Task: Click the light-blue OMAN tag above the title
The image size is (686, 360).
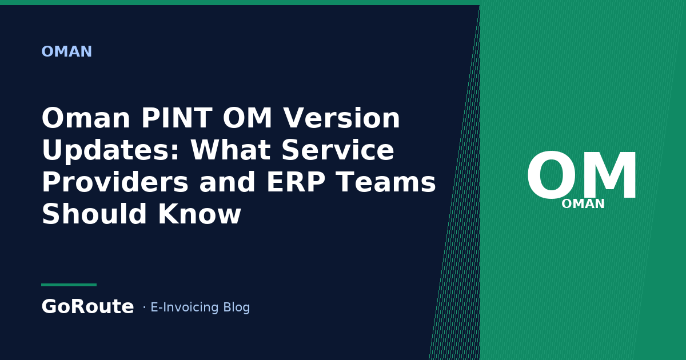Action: pos(66,51)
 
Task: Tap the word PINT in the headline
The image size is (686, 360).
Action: pos(176,118)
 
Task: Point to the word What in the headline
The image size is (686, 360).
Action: pos(230,150)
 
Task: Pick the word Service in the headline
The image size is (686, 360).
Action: pos(337,150)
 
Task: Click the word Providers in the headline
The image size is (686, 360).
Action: pos(115,183)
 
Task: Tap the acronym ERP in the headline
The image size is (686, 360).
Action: pos(296,182)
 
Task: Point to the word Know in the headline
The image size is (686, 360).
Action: pos(200,214)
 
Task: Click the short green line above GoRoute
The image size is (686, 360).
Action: pos(69,285)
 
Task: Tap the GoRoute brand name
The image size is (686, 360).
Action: pos(87,306)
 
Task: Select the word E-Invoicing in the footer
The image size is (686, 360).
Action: pos(184,307)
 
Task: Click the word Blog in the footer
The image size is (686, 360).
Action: pos(237,307)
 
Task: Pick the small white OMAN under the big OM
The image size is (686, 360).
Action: pos(583,204)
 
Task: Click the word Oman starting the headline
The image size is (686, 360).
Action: pos(86,118)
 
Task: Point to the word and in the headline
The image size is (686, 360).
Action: pos(228,182)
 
